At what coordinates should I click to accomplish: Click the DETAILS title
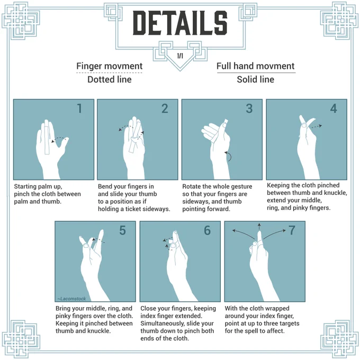click(180, 23)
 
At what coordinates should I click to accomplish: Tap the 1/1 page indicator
click(180, 56)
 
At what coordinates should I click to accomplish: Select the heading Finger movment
click(109, 66)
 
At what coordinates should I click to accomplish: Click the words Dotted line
click(110, 79)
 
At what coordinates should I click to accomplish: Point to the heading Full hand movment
click(255, 66)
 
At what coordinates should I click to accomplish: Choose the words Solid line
click(256, 79)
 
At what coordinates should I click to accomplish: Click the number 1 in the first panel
click(79, 109)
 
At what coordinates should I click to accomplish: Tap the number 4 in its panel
click(334, 109)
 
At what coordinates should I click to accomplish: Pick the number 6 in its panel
click(208, 230)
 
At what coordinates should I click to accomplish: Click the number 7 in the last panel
click(292, 230)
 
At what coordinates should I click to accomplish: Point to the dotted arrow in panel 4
click(316, 126)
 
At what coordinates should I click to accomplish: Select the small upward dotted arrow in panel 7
click(259, 227)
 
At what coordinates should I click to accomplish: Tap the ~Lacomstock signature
click(71, 299)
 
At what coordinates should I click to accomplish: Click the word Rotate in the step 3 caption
click(191, 186)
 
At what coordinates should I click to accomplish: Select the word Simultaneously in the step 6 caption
click(163, 323)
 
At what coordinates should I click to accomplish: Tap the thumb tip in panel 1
click(67, 139)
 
